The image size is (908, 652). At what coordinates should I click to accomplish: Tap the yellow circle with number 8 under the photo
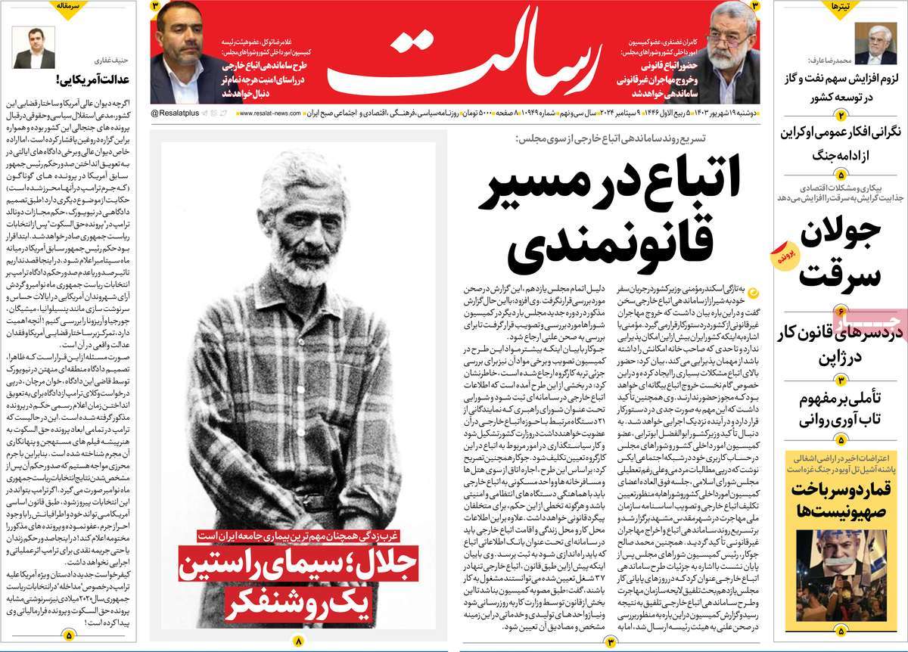pyautogui.click(x=297, y=641)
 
